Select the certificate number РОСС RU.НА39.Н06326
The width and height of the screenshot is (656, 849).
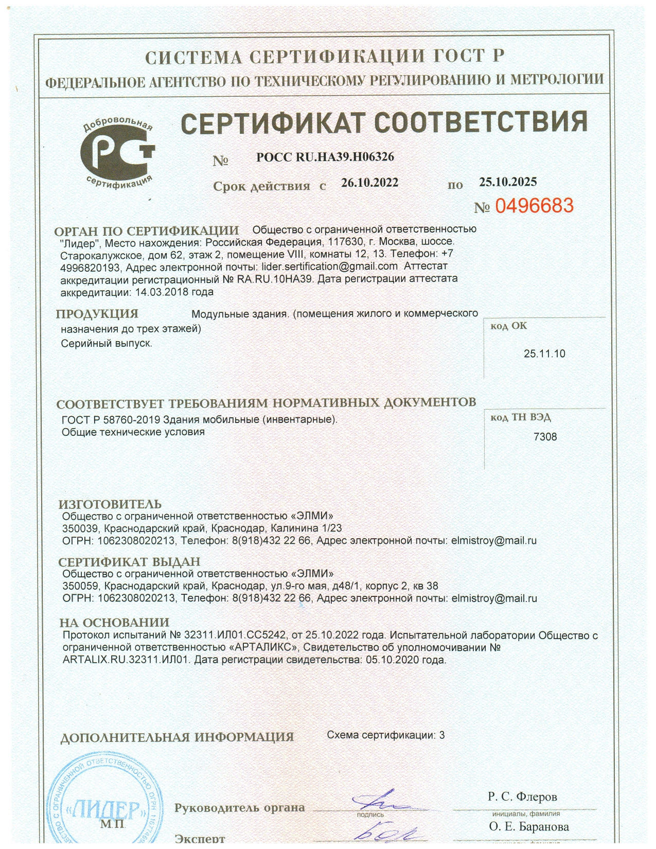pyautogui.click(x=325, y=157)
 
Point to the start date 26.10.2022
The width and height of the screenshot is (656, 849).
pyautogui.click(x=369, y=183)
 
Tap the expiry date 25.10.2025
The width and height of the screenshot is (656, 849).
pyautogui.click(x=508, y=182)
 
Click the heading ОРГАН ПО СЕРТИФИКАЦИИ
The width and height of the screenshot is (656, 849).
pyautogui.click(x=147, y=231)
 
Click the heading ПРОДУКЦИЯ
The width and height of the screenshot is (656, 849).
pyautogui.click(x=97, y=314)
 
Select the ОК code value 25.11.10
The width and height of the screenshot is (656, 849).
pyautogui.click(x=544, y=353)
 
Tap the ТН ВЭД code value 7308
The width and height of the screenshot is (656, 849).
pyautogui.click(x=545, y=437)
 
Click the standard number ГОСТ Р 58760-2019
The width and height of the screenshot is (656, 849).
pyautogui.click(x=111, y=419)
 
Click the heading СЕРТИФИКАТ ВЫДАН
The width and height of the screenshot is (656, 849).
pyautogui.click(x=129, y=561)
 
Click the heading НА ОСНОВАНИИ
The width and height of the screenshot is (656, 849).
pyautogui.click(x=114, y=623)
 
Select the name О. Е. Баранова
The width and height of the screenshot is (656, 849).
pyautogui.click(x=529, y=827)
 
